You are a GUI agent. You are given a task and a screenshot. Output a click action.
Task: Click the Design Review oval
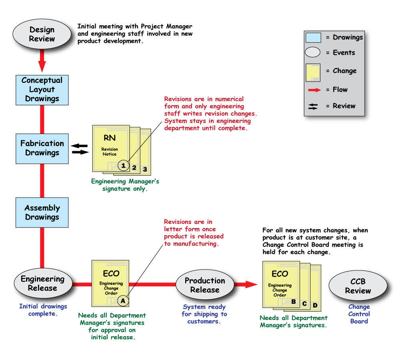pos(42,34)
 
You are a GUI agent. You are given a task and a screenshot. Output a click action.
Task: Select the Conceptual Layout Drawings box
pos(42,89)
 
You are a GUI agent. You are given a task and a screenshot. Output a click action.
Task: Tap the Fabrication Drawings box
pos(42,148)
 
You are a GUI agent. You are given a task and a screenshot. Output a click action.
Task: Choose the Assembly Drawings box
pos(42,212)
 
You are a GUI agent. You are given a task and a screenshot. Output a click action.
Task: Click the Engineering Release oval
pos(42,283)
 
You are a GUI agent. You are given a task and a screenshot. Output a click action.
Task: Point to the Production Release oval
pos(204,285)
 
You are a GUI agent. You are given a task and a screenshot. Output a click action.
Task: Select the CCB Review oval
pos(358,286)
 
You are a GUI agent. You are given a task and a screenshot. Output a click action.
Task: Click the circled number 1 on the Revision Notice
pos(124,165)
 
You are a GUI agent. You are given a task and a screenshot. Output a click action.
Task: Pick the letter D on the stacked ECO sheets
pos(315,306)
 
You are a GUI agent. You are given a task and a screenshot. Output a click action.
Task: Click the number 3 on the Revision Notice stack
pos(145,170)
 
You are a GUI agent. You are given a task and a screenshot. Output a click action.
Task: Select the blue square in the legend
pos(313,38)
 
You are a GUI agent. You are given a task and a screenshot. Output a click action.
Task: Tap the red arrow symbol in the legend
pos(314,90)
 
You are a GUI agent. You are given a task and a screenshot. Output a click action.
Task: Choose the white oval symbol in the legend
pos(313,52)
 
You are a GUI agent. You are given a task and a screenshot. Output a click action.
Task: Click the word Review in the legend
pos(344,106)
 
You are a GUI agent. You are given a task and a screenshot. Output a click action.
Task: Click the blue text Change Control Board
pos(359,314)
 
